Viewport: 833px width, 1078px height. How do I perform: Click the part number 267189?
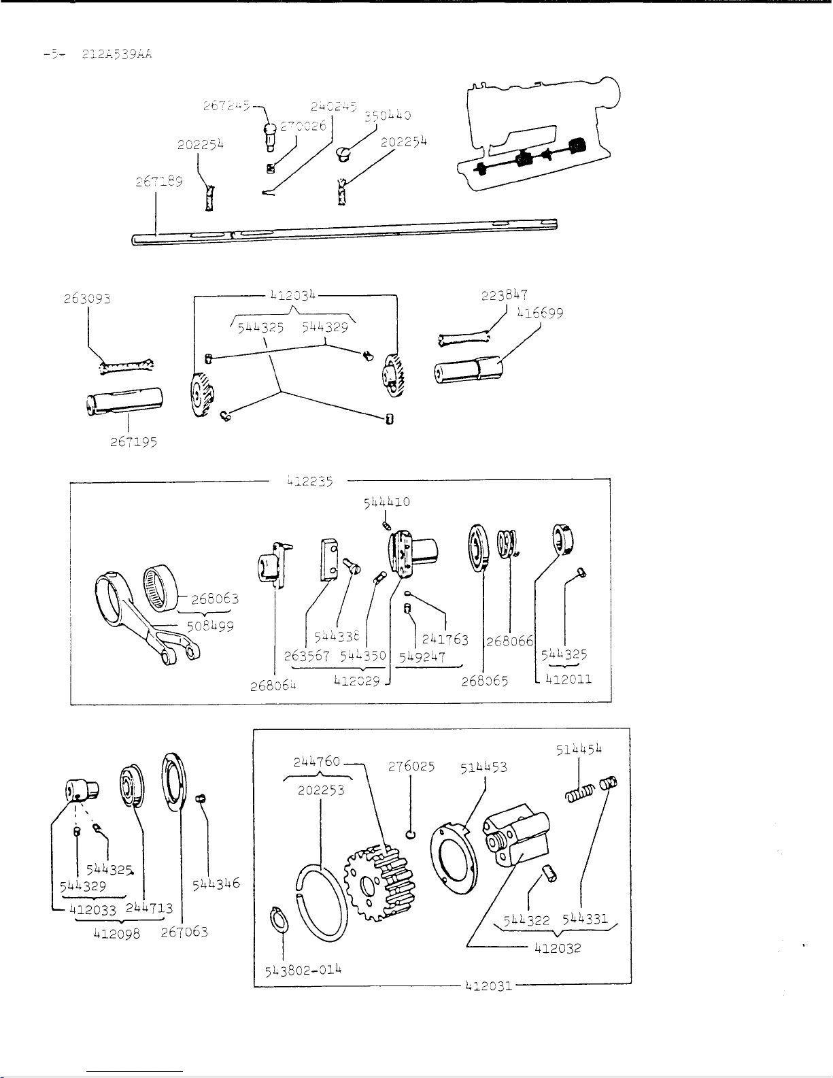click(158, 182)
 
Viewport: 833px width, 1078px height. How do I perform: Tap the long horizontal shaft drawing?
click(343, 232)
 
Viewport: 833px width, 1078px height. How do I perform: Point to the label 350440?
click(388, 116)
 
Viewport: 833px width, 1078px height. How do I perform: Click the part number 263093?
click(87, 299)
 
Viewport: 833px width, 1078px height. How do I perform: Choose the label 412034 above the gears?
click(293, 295)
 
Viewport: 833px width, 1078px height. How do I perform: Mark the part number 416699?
click(540, 314)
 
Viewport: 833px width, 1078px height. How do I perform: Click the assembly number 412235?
click(310, 481)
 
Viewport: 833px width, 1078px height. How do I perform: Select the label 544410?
click(386, 502)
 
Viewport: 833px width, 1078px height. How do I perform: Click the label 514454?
click(579, 749)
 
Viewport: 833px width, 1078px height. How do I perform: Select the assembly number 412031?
click(488, 985)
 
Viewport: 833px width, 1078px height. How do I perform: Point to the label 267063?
click(184, 932)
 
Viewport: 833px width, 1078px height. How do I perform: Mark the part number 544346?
click(216, 884)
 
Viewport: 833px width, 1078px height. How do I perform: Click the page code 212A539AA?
click(115, 54)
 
